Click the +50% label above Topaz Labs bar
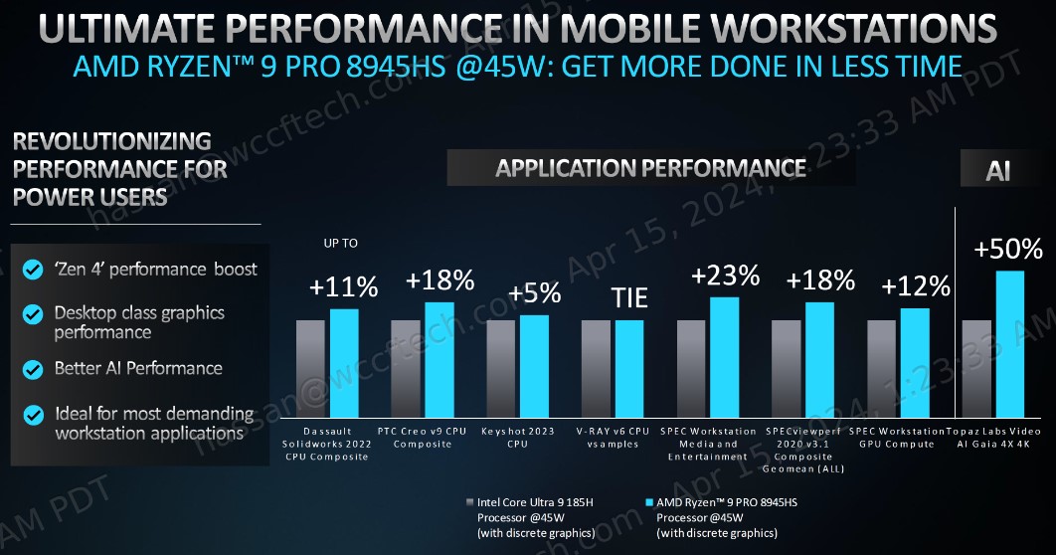[x=1009, y=248]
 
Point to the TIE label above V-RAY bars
[x=628, y=297]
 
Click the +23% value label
[x=725, y=276]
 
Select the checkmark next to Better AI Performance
[x=34, y=369]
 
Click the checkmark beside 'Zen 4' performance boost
[x=34, y=270]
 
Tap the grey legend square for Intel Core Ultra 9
[x=470, y=503]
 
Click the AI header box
[x=998, y=170]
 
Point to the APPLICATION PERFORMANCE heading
[x=650, y=168]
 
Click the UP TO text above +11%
[x=341, y=243]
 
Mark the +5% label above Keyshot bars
[x=534, y=293]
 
